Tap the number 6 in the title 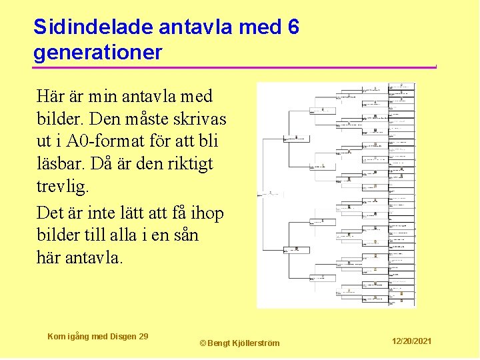[x=293, y=27]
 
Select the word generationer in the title [x=97, y=53]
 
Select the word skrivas [x=198, y=119]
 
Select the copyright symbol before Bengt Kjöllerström [x=203, y=343]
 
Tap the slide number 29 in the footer [x=143, y=337]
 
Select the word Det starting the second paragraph [x=51, y=213]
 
